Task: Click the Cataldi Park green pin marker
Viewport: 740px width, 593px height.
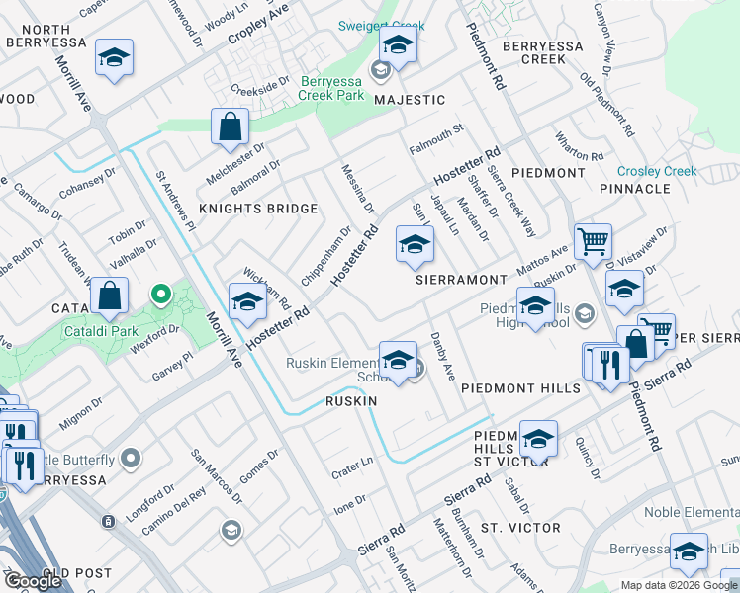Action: [159, 295]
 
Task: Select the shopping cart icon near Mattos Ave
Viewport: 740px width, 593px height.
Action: [593, 239]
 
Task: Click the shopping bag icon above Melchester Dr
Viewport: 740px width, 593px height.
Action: [230, 127]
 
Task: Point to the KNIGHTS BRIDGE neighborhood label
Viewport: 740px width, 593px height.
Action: [258, 209]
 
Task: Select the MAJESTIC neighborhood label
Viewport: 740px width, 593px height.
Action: [410, 100]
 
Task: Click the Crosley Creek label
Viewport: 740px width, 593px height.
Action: [657, 171]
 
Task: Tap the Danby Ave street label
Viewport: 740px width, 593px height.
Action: [442, 357]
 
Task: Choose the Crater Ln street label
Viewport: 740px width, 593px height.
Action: [352, 466]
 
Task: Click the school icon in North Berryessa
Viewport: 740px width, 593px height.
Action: [115, 58]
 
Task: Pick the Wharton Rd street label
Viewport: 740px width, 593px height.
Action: [580, 148]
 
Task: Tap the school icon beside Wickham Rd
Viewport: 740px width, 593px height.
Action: [247, 300]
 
